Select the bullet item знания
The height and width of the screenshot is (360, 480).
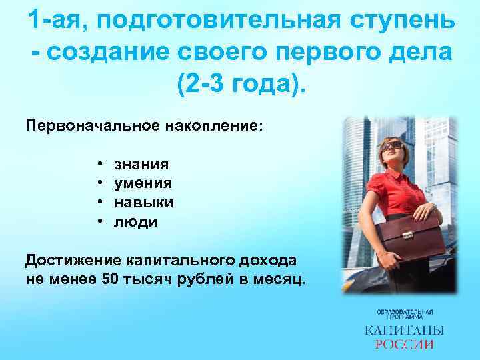pos(141,163)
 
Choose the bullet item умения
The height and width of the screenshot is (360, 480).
pos(143,183)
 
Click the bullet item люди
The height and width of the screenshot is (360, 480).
pos(136,221)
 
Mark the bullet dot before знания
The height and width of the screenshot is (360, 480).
pos(98,163)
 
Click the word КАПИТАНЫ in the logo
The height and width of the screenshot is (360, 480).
pos(405,331)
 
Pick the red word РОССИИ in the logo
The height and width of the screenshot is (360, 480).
pos(405,345)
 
